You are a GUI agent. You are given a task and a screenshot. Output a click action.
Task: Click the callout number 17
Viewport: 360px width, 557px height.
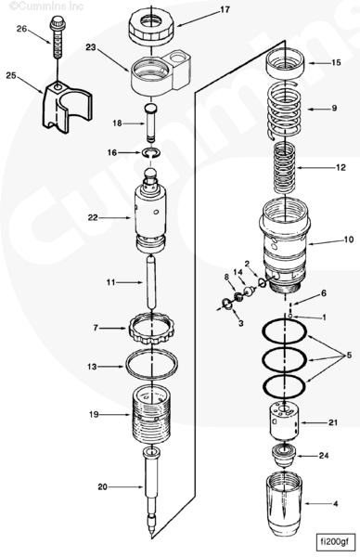pos(225,9)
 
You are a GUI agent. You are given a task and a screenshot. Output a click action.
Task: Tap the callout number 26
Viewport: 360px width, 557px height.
pos(21,29)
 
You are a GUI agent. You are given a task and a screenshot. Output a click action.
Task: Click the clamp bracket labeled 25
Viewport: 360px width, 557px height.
pos(67,108)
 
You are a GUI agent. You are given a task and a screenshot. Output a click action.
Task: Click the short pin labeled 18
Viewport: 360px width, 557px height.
pos(152,123)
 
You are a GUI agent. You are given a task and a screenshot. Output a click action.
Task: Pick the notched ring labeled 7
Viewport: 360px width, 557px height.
pos(151,328)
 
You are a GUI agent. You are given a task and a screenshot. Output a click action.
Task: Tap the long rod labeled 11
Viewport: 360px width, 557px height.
pos(152,283)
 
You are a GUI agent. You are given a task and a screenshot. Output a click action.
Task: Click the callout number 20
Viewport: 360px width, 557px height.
pos(103,486)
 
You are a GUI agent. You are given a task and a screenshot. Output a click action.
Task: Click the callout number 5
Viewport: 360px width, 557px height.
pos(349,355)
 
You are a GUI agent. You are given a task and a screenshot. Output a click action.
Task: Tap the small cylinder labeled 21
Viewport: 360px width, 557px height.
pos(285,422)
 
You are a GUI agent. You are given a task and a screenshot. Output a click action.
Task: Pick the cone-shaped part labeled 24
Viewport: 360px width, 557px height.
pos(284,457)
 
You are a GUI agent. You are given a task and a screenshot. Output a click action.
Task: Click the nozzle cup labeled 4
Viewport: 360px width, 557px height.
pos(284,505)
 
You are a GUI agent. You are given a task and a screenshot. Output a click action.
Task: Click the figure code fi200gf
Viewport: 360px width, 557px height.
pos(334,542)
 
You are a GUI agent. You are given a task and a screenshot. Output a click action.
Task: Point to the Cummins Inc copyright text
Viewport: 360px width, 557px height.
pos(46,6)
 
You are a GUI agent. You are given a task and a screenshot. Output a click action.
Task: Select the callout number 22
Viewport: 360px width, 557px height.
pos(93,217)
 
